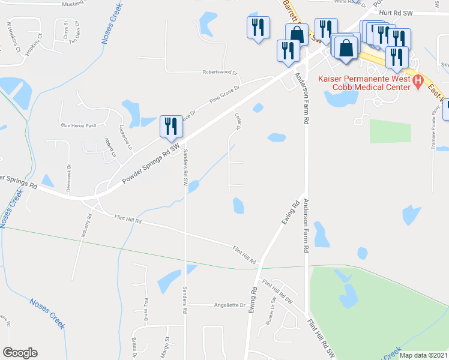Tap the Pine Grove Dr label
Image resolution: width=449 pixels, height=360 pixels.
click(224, 95)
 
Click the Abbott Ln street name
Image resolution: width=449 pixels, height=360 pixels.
click(109, 148)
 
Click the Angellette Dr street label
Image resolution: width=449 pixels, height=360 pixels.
click(231, 305)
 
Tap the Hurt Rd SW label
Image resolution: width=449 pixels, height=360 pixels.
click(400, 12)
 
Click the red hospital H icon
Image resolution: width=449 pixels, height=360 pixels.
click(419, 79)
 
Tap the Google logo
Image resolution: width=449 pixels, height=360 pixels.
click(20, 353)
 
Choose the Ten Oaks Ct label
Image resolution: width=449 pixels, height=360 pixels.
click(75, 33)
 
